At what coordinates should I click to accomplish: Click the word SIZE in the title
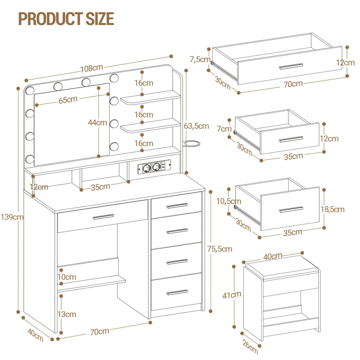pos(100,19)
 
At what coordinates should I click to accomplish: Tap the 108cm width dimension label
pos(92,68)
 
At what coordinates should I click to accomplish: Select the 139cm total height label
pos(12,217)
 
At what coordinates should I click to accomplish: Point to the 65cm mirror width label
pos(68,100)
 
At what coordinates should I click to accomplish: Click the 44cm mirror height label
pos(97,122)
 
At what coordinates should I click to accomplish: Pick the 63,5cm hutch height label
pos(197,126)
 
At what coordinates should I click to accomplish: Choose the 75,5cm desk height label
pos(220,249)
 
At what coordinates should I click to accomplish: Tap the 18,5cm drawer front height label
pos(333,209)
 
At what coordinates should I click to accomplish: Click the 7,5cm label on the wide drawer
pos(200,59)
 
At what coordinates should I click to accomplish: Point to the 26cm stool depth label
pos(250,347)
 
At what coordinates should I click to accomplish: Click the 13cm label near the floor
pos(67,314)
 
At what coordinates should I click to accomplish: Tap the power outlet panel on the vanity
pos(154,167)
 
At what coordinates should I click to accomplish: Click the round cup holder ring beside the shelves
pos(192,144)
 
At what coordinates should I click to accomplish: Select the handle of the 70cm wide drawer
pos(291,66)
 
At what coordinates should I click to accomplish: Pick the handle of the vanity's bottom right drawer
pos(177,292)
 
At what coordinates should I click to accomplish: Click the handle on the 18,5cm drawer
pos(291,210)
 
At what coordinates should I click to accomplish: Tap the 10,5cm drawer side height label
pos(229,201)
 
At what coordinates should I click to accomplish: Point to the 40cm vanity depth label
pos(36,335)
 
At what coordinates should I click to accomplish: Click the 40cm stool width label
pos(272,256)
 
